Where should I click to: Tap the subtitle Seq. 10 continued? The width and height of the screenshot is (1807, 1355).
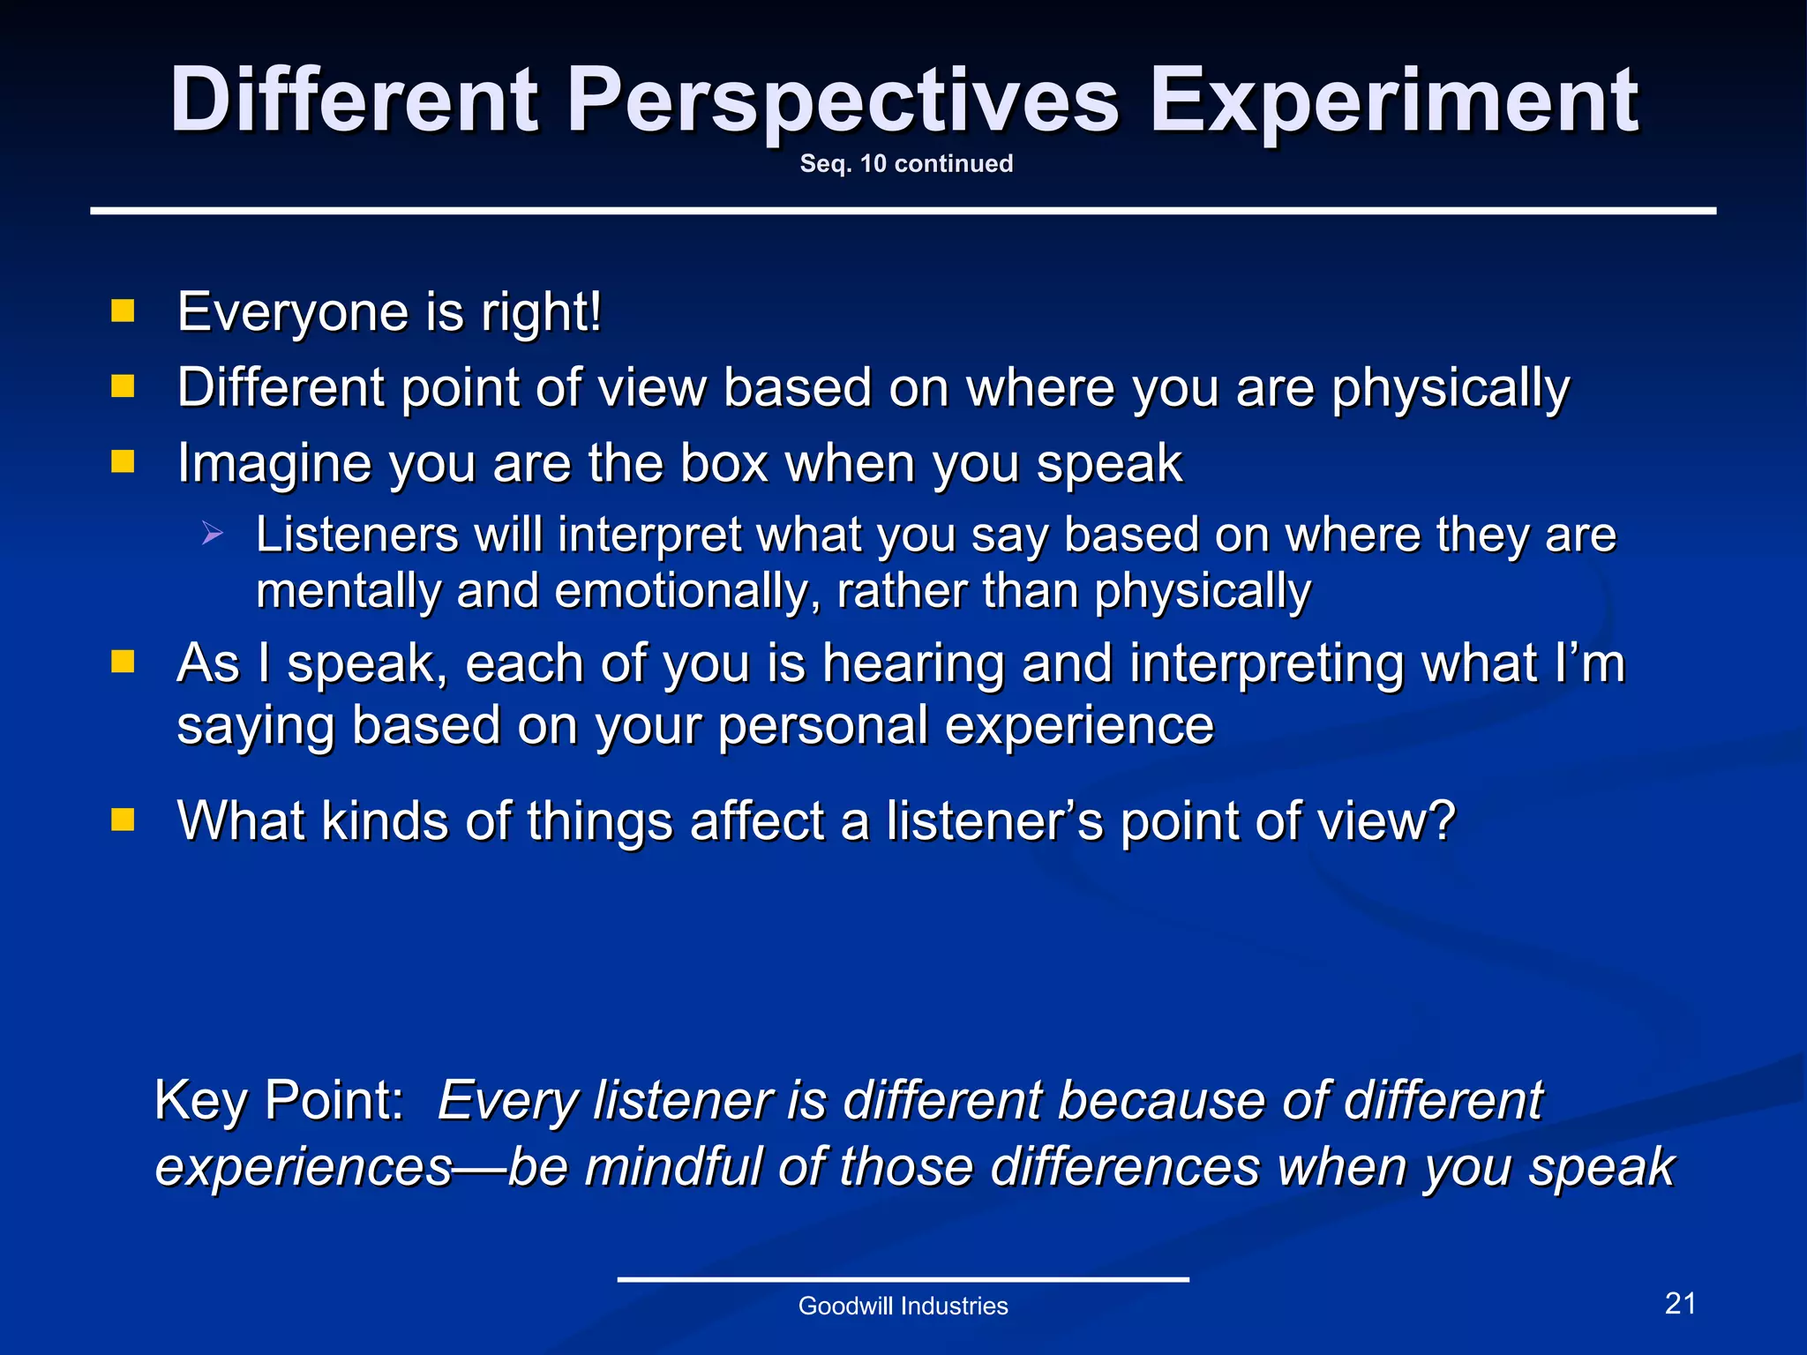click(906, 164)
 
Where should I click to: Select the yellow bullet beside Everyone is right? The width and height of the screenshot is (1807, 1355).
click(123, 311)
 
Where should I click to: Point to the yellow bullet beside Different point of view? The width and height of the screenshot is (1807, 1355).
click(123, 386)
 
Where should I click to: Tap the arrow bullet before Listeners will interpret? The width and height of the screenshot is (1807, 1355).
click(212, 533)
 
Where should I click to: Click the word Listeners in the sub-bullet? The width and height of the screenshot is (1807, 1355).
click(356, 535)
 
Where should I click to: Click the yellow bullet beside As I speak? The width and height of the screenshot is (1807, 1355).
click(123, 662)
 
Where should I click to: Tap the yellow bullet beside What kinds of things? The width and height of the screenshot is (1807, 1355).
click(123, 820)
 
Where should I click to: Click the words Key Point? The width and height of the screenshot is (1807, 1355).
click(279, 1100)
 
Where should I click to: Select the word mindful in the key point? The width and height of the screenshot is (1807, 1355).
click(672, 1167)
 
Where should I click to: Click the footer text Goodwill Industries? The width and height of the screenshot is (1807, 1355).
click(903, 1306)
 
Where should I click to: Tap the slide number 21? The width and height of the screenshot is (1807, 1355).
click(1680, 1304)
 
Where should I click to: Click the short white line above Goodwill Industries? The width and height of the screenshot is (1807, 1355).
click(903, 1279)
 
